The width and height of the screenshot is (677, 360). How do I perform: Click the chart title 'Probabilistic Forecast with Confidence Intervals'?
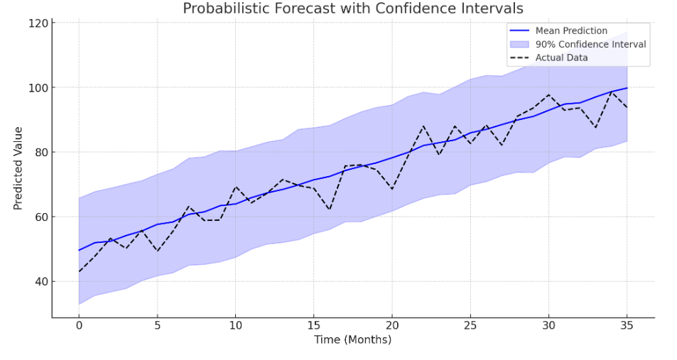coord(353,9)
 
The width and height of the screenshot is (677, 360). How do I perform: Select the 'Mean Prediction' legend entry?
coord(571,31)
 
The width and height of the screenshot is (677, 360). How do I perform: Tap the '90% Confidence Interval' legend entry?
coord(590,44)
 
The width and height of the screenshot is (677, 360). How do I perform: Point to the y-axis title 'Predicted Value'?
coord(18,168)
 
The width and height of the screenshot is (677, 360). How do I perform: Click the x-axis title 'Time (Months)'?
coord(353,340)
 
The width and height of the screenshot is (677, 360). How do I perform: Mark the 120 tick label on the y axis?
coord(39,23)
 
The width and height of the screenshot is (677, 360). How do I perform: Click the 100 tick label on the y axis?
coord(39,87)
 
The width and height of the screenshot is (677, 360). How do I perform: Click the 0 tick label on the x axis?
coord(79,325)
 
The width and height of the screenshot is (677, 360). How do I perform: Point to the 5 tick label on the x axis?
coord(157,325)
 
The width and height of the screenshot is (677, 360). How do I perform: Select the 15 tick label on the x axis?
coord(314,325)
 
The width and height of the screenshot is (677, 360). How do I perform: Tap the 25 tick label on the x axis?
coord(470,325)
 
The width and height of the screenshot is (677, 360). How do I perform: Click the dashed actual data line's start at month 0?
coord(79,271)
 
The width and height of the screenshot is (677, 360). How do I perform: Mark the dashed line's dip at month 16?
coord(330,209)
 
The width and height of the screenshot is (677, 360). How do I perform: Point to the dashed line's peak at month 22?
coord(423,126)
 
